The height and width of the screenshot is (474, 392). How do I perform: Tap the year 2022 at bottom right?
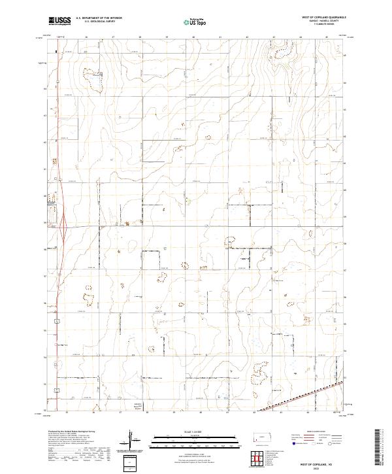point(318,467)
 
